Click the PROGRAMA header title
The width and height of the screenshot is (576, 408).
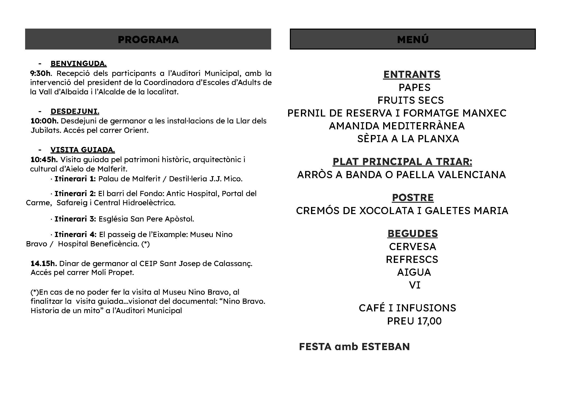(148, 40)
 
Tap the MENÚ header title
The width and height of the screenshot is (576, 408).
(412, 39)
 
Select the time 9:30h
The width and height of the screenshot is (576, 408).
(40, 73)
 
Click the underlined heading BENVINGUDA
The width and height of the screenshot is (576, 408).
(79, 64)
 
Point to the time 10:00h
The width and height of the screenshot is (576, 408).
(44, 121)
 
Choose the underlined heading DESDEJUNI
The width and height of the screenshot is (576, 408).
(75, 111)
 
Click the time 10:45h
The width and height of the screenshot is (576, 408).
(44, 160)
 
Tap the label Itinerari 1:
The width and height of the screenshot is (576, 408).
(75, 179)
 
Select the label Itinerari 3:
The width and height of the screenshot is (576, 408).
(75, 219)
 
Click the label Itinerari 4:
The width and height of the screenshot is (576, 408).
(75, 235)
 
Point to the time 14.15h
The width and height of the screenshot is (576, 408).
(44, 264)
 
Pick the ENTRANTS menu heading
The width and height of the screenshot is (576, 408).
(412, 75)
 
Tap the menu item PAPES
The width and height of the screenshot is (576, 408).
(414, 87)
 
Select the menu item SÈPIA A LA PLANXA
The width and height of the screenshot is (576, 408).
(408, 139)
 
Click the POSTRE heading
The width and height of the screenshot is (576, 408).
(413, 198)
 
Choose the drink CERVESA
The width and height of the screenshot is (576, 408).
(412, 247)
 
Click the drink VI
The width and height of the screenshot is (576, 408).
(414, 285)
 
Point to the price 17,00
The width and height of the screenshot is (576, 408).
(429, 321)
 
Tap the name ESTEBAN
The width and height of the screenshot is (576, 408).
(386, 347)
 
